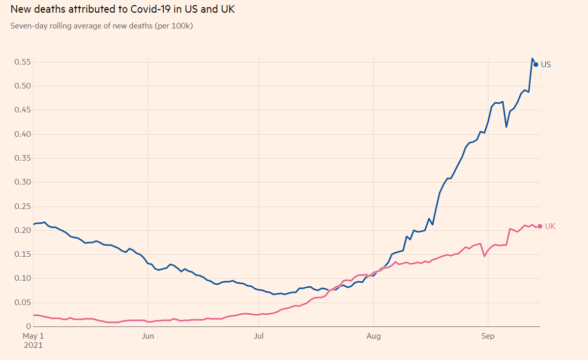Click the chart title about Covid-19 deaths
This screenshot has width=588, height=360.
pos(122,9)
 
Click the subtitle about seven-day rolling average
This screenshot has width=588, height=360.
pos(101,25)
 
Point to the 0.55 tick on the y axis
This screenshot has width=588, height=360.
pos(23,62)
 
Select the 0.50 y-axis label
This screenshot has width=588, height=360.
pos(23,86)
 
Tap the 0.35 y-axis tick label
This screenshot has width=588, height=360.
pos(23,158)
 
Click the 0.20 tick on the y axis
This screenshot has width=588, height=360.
pos(23,230)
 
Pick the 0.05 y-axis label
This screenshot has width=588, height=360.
pos(23,303)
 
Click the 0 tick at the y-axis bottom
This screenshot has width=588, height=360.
pos(29,326)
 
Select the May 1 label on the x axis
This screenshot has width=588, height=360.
pos(33,336)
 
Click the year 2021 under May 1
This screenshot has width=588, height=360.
pos(33,345)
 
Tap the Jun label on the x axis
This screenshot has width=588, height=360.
pos(148,336)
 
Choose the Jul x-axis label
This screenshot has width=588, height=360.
pos(258,336)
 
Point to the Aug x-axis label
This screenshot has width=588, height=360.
pos(373,336)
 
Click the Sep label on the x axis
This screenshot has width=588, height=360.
pos(488,336)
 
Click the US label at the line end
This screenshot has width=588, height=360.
pos(546,65)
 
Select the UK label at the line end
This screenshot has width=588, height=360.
pos(550,226)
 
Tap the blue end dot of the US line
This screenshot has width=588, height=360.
pos(536,65)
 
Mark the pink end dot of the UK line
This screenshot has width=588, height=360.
pos(540,226)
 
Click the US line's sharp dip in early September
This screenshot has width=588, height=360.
pos(506,127)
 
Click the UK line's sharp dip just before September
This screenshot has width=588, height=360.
pos(484,256)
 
